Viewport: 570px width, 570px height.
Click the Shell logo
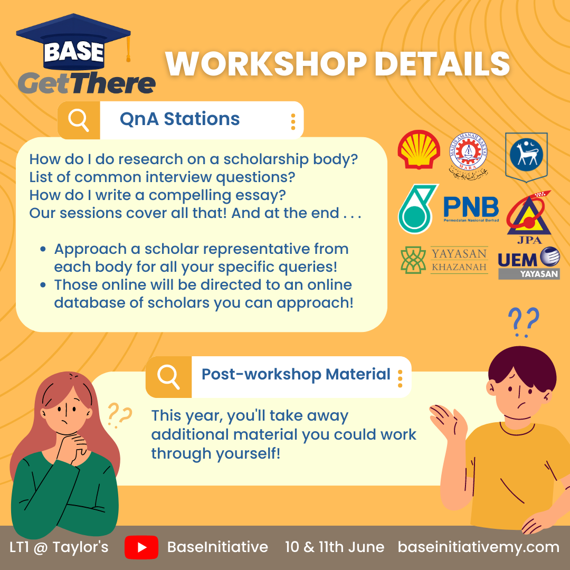pyautogui.click(x=419, y=149)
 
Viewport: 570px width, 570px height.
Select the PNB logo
pyautogui.click(x=471, y=208)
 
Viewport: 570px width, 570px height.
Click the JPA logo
pyautogui.click(x=529, y=217)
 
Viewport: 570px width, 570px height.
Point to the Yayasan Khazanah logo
pyautogui.click(x=444, y=260)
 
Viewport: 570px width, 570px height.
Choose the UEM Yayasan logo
pyautogui.click(x=529, y=263)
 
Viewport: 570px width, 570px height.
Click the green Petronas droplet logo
pyautogui.click(x=417, y=208)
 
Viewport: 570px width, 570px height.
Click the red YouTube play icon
pyautogui.click(x=141, y=547)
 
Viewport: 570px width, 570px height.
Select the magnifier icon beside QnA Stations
pyautogui.click(x=79, y=120)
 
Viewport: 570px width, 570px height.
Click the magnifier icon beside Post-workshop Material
pyautogui.click(x=168, y=377)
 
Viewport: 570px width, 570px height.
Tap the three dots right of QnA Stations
pyautogui.click(x=293, y=121)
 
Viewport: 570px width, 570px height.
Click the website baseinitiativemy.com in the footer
pyautogui.click(x=478, y=547)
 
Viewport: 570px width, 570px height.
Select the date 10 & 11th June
pyautogui.click(x=335, y=547)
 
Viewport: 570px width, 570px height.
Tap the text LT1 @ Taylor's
pyautogui.click(x=59, y=547)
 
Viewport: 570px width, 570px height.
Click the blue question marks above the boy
pyautogui.click(x=524, y=322)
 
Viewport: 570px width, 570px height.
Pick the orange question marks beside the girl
pyautogui.click(x=120, y=415)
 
